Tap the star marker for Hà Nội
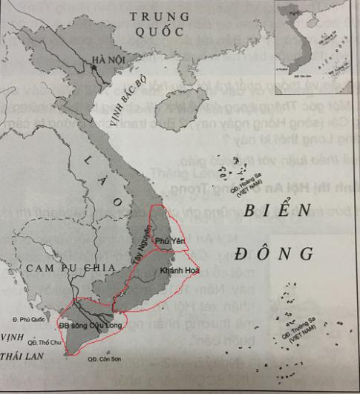94,67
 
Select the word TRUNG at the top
157,16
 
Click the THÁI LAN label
23,357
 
